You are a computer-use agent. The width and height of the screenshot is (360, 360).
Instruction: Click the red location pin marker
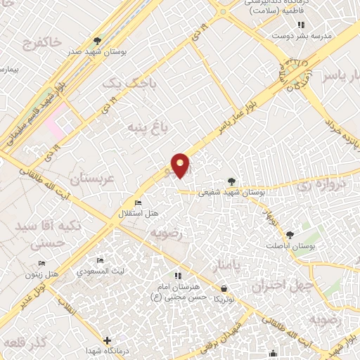181,165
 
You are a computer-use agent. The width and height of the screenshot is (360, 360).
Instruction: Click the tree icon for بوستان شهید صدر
97,41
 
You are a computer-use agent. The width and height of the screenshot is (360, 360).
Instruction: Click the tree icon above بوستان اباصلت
290,235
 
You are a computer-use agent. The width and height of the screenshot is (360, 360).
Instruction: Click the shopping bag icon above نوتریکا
224,288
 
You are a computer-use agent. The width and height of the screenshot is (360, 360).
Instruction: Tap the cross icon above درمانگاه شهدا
106,341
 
